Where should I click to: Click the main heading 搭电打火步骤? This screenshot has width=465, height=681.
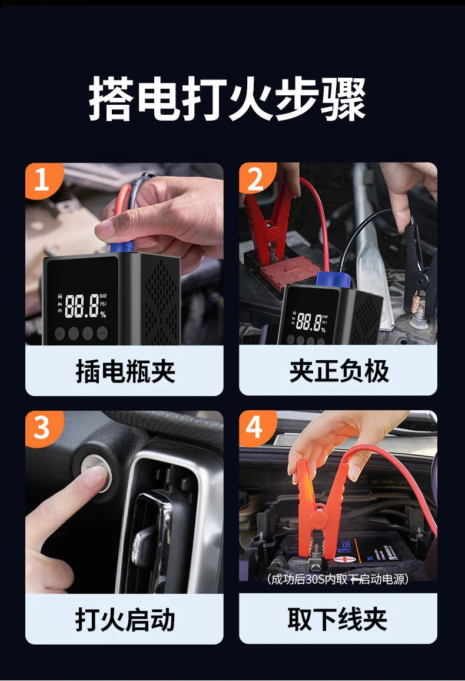tap(228, 99)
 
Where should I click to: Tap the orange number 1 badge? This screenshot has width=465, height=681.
tap(42, 180)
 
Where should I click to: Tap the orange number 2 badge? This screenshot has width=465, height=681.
tap(256, 179)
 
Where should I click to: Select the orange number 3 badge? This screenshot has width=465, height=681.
tap(42, 428)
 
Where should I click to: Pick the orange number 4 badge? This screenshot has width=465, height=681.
tap(256, 427)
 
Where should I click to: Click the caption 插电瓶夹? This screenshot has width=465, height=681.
tap(125, 371)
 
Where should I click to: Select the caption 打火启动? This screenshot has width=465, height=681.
tap(125, 619)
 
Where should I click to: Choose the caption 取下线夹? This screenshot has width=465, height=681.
tap(337, 619)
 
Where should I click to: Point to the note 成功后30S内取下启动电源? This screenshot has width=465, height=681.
tap(337, 579)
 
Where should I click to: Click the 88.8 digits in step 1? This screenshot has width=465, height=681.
tap(82, 305)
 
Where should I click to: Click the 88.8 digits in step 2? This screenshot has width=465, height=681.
tap(308, 322)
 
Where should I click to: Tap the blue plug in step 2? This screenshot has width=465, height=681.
tap(333, 280)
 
